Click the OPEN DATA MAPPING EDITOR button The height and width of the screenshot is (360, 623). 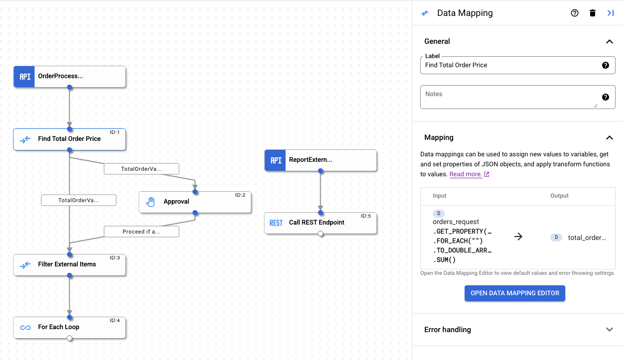click(x=514, y=293)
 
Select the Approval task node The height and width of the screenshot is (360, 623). click(x=195, y=202)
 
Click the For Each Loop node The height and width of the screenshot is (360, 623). click(x=69, y=327)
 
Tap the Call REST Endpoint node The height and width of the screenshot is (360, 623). click(x=320, y=223)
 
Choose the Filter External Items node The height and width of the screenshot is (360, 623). click(x=69, y=264)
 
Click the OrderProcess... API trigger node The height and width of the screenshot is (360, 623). click(x=69, y=77)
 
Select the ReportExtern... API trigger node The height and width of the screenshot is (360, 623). click(x=320, y=160)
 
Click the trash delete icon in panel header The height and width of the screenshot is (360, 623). click(x=592, y=13)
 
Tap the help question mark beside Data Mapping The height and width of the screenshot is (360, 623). click(x=574, y=13)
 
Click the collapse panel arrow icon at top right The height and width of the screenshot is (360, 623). click(x=610, y=13)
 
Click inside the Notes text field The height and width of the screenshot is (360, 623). click(x=508, y=97)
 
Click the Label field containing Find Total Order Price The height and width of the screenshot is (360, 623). click(x=508, y=65)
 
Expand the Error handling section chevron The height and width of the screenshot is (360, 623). click(x=609, y=330)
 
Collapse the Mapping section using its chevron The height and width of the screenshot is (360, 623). click(x=609, y=137)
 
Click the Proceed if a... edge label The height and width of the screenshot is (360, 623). click(x=141, y=232)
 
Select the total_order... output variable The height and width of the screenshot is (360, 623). click(x=586, y=238)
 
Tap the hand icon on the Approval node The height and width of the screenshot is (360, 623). click(x=150, y=202)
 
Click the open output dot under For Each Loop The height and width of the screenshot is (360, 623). click(x=69, y=338)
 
